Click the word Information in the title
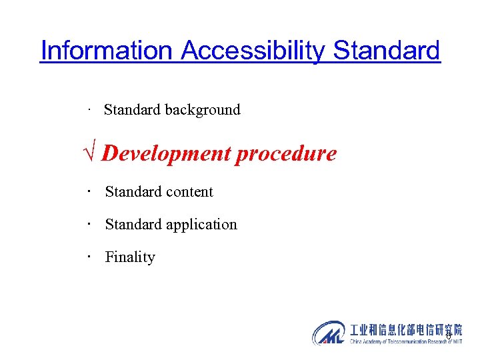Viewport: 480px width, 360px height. [107, 51]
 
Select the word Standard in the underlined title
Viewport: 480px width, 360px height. [387, 51]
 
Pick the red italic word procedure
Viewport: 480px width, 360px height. [287, 154]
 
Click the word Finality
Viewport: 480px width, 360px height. [130, 257]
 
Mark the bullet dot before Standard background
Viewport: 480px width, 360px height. [88, 109]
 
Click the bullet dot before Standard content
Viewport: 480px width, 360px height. [88, 191]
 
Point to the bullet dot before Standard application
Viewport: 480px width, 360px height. [88, 223]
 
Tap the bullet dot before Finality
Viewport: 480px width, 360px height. [88, 256]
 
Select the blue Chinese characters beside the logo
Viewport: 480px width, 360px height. [405, 329]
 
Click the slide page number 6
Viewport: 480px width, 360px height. [449, 335]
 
